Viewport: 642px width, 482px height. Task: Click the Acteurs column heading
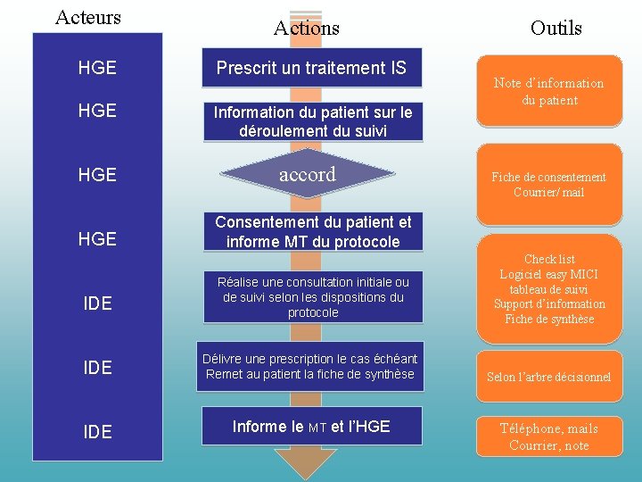(x=87, y=17)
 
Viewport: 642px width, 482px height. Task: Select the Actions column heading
(x=306, y=28)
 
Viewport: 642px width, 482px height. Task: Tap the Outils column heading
(x=556, y=28)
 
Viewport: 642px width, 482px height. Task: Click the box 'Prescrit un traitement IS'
(x=311, y=68)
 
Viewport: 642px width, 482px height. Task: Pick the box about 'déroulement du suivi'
(x=312, y=121)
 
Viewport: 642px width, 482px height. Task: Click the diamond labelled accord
(x=308, y=175)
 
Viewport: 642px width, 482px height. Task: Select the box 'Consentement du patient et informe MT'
(x=312, y=231)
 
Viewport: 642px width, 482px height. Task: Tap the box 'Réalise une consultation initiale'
(x=312, y=297)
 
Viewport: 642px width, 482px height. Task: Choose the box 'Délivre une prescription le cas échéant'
(x=310, y=367)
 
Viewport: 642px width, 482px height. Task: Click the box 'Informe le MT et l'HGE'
(x=311, y=427)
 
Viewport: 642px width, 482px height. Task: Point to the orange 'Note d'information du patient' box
(x=548, y=91)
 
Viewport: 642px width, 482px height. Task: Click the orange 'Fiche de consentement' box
(x=548, y=184)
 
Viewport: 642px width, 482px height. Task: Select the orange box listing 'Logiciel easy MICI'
(x=548, y=289)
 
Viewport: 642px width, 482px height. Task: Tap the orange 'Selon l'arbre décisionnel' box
(x=548, y=377)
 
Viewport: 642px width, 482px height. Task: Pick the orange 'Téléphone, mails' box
(x=548, y=436)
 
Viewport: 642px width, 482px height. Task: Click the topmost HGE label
(x=97, y=68)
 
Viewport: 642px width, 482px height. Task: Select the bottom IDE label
(x=97, y=432)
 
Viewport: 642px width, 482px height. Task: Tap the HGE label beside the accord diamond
(x=97, y=175)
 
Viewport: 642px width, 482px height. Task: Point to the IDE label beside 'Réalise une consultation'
(x=97, y=303)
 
